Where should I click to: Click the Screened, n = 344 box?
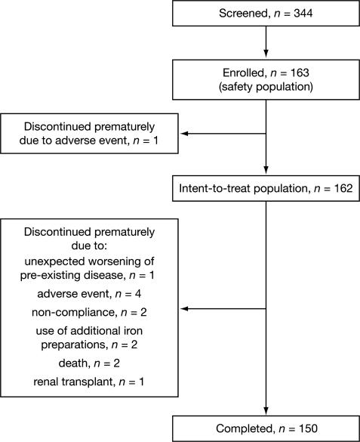266,14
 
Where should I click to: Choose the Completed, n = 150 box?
266,428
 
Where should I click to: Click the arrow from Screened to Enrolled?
266,42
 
